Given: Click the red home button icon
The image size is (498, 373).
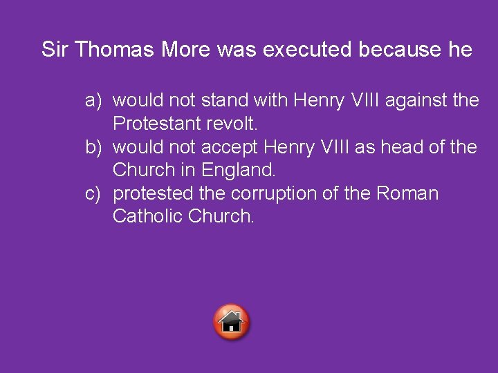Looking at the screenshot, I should [232, 322].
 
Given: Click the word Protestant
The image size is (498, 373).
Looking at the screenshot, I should [157, 124].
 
